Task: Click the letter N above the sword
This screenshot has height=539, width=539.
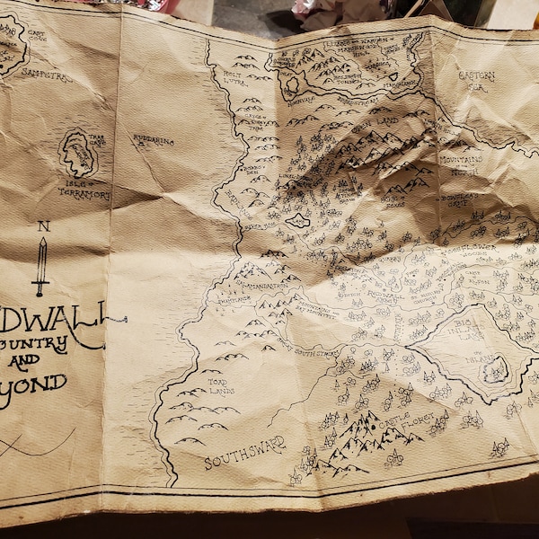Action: [x=42, y=226]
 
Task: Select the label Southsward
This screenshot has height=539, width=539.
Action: [x=244, y=452]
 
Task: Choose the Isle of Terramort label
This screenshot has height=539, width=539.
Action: [x=84, y=190]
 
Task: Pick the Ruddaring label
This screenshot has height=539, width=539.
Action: [x=154, y=141]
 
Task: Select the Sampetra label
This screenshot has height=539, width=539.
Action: [x=47, y=76]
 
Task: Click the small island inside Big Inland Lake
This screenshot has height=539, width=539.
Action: [x=493, y=369]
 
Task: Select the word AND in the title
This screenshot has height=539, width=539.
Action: [x=24, y=363]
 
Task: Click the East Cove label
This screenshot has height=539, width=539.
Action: [x=37, y=37]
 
